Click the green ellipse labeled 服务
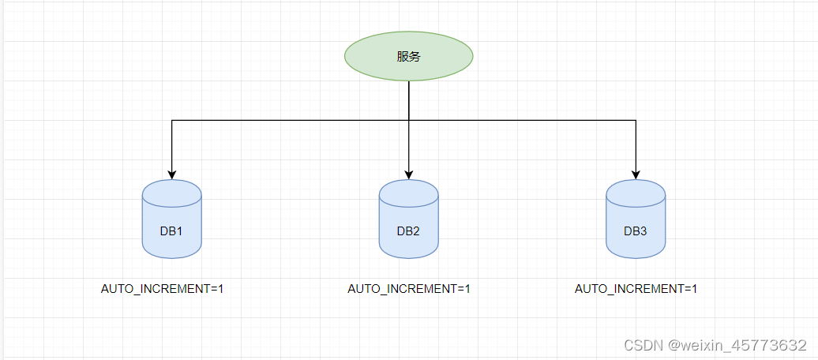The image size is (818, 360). [x=408, y=56]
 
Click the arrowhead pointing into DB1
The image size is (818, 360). [x=172, y=174]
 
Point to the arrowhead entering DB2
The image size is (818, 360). [x=409, y=174]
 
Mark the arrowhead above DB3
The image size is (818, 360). [x=636, y=174]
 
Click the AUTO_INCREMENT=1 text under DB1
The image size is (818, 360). [x=163, y=289]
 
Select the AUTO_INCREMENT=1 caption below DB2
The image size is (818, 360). [x=409, y=289]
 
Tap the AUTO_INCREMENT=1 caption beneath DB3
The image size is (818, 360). [x=636, y=289]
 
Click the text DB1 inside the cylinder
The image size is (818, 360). [x=171, y=231]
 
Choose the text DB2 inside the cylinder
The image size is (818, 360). [x=408, y=231]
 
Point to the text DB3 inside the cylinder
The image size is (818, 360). [x=636, y=231]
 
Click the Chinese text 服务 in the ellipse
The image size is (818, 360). [x=408, y=57]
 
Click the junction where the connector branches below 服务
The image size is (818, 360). [x=409, y=120]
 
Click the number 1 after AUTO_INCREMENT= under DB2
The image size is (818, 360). [x=467, y=289]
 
